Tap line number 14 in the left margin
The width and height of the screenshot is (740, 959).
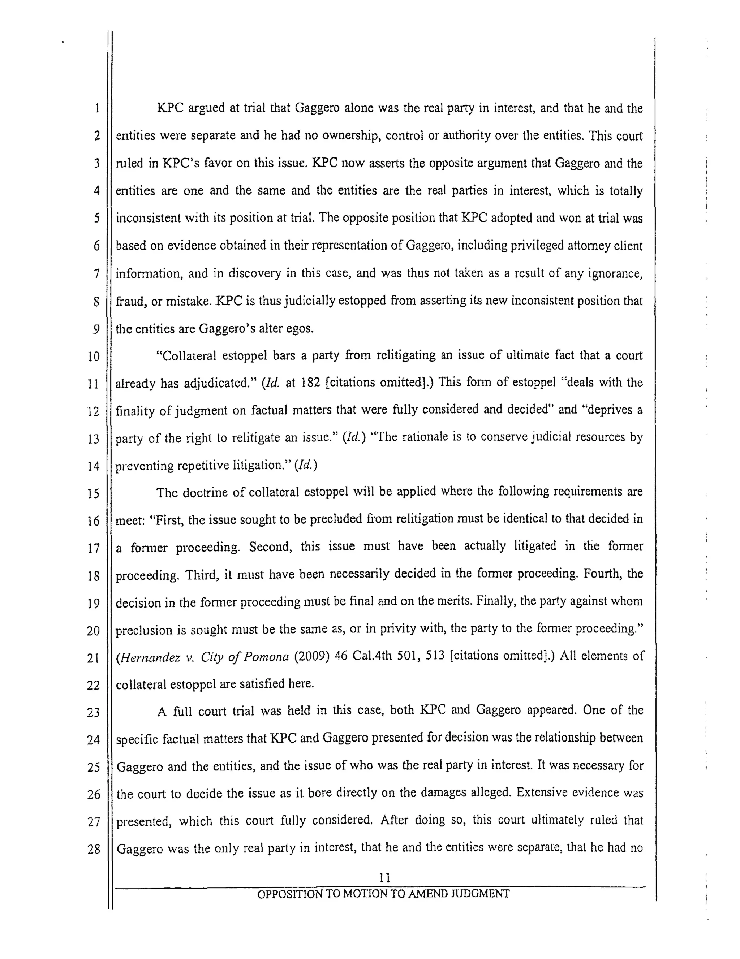(x=93, y=466)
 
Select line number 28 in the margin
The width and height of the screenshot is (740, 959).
(x=94, y=849)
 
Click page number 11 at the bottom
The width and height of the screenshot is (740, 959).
(x=384, y=877)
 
